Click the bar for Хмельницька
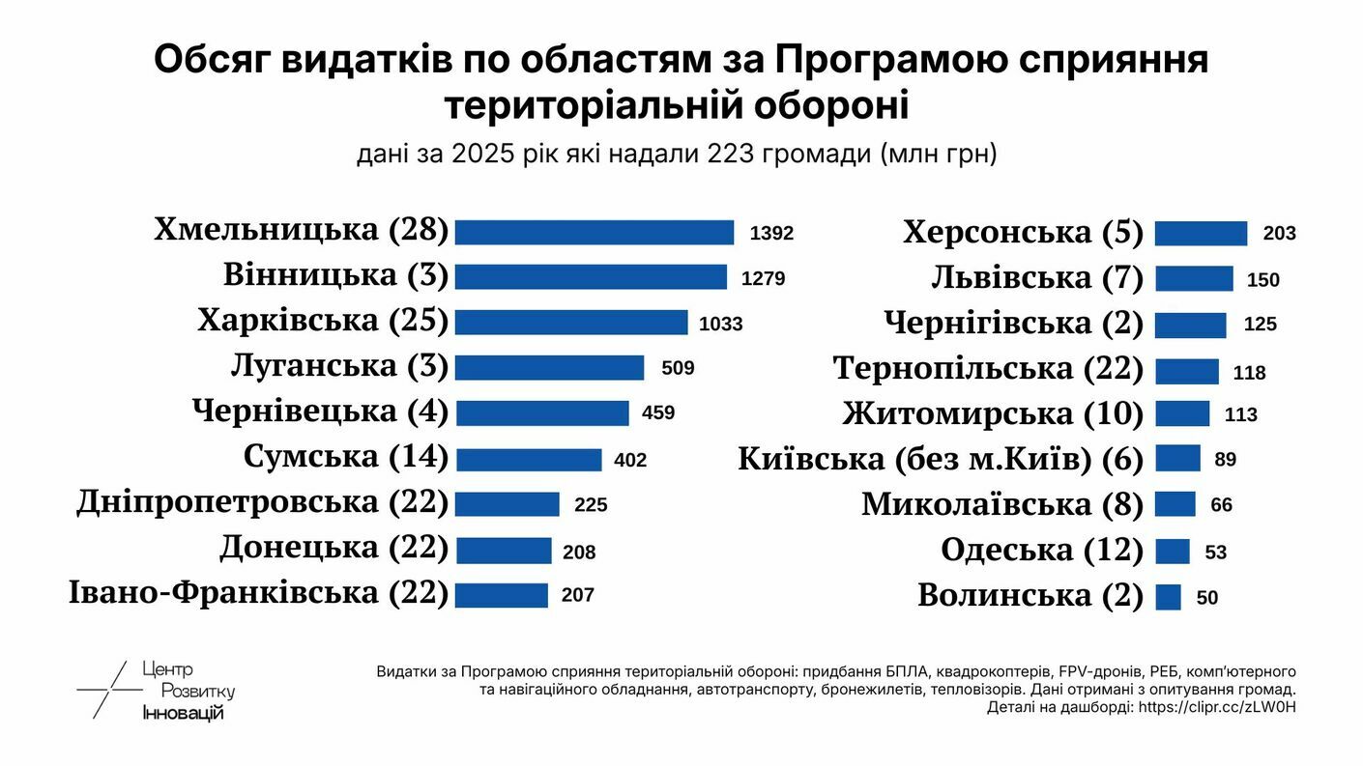tap(594, 233)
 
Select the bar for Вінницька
tap(590, 277)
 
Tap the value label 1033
tap(720, 325)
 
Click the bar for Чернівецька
tap(541, 413)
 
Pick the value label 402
tap(630, 461)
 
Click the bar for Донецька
tap(503, 551)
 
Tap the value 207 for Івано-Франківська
tap(577, 595)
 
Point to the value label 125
tap(1261, 325)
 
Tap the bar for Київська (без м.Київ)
tap(1177, 458)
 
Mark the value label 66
tap(1221, 505)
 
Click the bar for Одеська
tap(1173, 552)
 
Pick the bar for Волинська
tap(1168, 597)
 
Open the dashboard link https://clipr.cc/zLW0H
tap(1217, 707)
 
